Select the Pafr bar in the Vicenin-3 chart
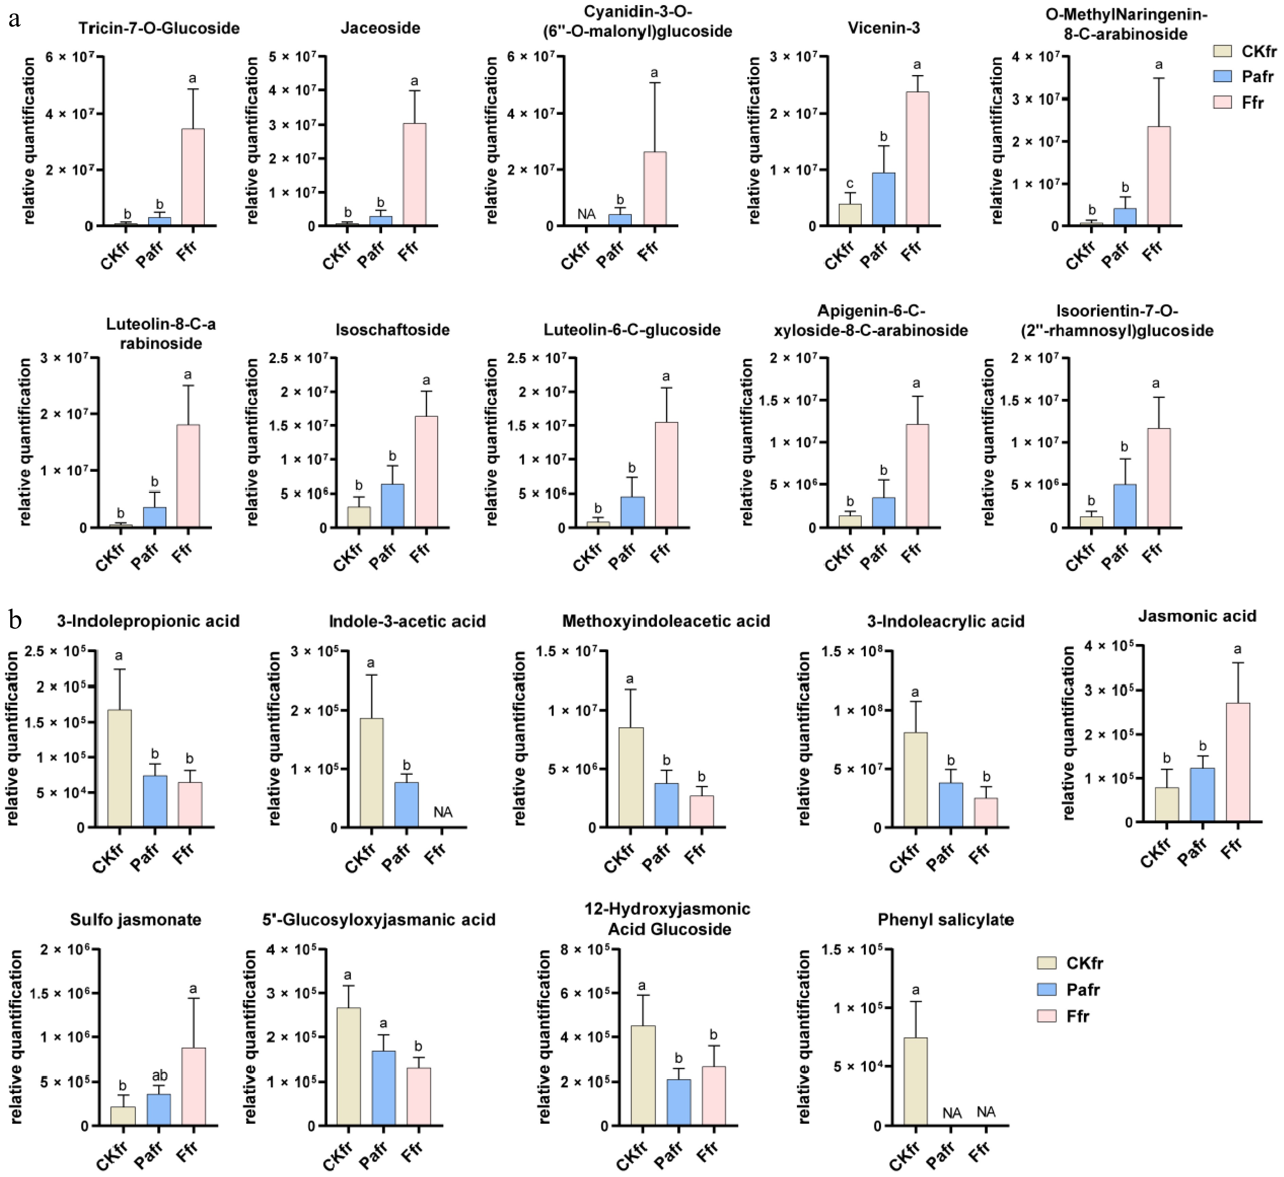[x=884, y=199]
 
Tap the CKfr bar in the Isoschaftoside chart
[x=359, y=517]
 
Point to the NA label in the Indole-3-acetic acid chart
[x=443, y=812]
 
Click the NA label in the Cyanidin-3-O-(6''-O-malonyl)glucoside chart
[x=586, y=214]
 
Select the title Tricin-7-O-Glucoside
[x=159, y=28]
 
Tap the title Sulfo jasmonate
[x=136, y=920]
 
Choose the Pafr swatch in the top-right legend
[x=1222, y=76]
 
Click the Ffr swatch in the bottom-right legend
[x=1047, y=1016]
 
